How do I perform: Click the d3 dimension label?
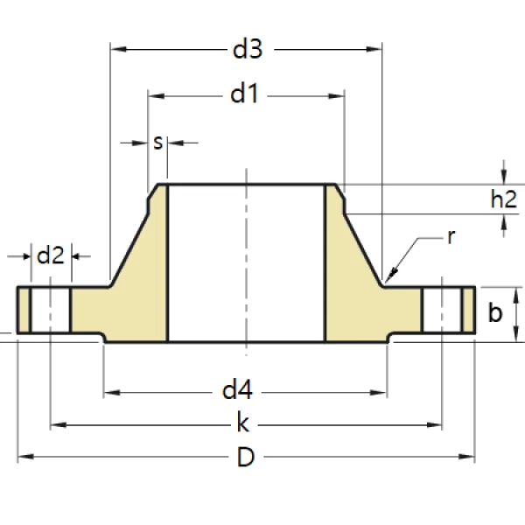point(247,50)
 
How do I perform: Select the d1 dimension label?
point(245,94)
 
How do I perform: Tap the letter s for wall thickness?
point(158,141)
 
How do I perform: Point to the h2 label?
point(502,199)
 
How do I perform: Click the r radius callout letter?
point(450,236)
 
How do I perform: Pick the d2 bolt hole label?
point(50,255)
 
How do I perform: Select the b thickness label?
point(495,312)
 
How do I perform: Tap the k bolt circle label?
point(244,425)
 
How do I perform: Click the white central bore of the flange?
point(246,262)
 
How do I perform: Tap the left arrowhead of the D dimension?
point(19,457)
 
